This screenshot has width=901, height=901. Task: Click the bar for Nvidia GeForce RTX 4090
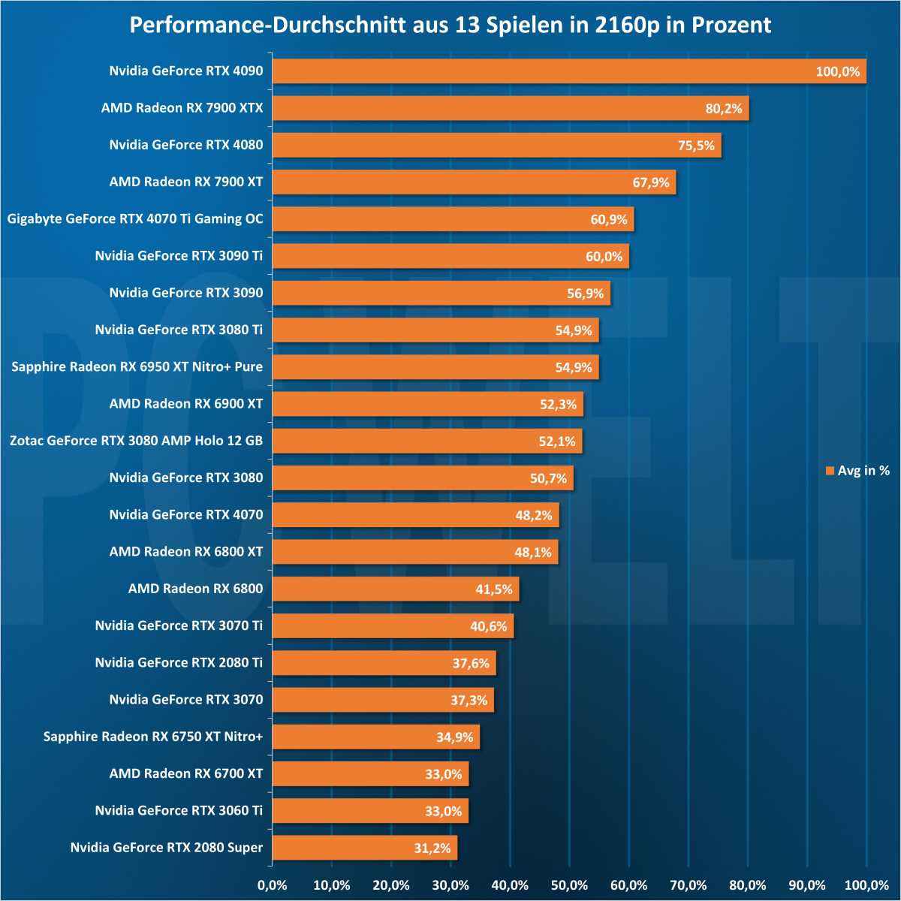tap(568, 71)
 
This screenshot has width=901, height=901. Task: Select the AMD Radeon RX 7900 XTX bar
tap(510, 108)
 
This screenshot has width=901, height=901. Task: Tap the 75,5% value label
tap(696, 146)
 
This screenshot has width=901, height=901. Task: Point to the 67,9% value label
tap(650, 182)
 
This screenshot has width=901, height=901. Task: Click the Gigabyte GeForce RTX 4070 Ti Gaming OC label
tap(135, 219)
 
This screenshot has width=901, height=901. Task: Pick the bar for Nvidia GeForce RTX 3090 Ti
tap(450, 256)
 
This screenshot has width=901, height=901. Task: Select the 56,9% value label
tap(585, 294)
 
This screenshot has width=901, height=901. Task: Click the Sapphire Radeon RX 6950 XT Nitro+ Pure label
tap(137, 367)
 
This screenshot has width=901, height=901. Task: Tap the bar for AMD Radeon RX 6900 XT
tap(427, 404)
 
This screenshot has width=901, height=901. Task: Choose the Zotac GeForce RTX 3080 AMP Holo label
tap(137, 441)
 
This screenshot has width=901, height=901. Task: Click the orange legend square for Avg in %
tap(830, 471)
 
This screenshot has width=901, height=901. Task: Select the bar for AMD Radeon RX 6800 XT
tap(414, 552)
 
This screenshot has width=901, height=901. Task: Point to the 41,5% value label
tap(493, 589)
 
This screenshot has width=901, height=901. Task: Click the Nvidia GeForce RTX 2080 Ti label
tap(179, 663)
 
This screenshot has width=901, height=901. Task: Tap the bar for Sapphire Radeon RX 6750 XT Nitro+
tap(375, 737)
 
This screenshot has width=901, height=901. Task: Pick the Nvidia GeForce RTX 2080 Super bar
tap(364, 848)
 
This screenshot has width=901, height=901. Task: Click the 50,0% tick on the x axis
tap(569, 885)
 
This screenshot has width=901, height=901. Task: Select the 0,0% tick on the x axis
tap(272, 885)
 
